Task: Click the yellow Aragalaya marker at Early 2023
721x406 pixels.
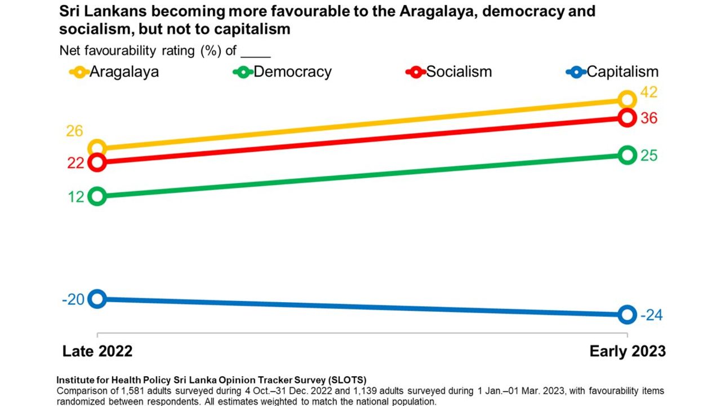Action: (627, 100)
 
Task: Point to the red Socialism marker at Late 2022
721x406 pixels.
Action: (97, 162)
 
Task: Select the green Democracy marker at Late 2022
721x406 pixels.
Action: (97, 196)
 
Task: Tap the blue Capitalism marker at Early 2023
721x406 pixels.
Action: (627, 315)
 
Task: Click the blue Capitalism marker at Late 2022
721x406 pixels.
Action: (97, 298)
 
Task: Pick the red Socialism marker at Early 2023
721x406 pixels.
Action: (627, 117)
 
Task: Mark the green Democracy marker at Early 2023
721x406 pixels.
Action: (627, 155)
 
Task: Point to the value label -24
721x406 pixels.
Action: (651, 315)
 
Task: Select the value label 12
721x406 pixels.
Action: (77, 197)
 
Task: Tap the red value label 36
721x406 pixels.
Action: (649, 118)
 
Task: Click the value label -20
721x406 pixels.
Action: (73, 299)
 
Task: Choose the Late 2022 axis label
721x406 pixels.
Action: (97, 351)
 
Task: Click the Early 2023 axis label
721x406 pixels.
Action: (627, 351)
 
